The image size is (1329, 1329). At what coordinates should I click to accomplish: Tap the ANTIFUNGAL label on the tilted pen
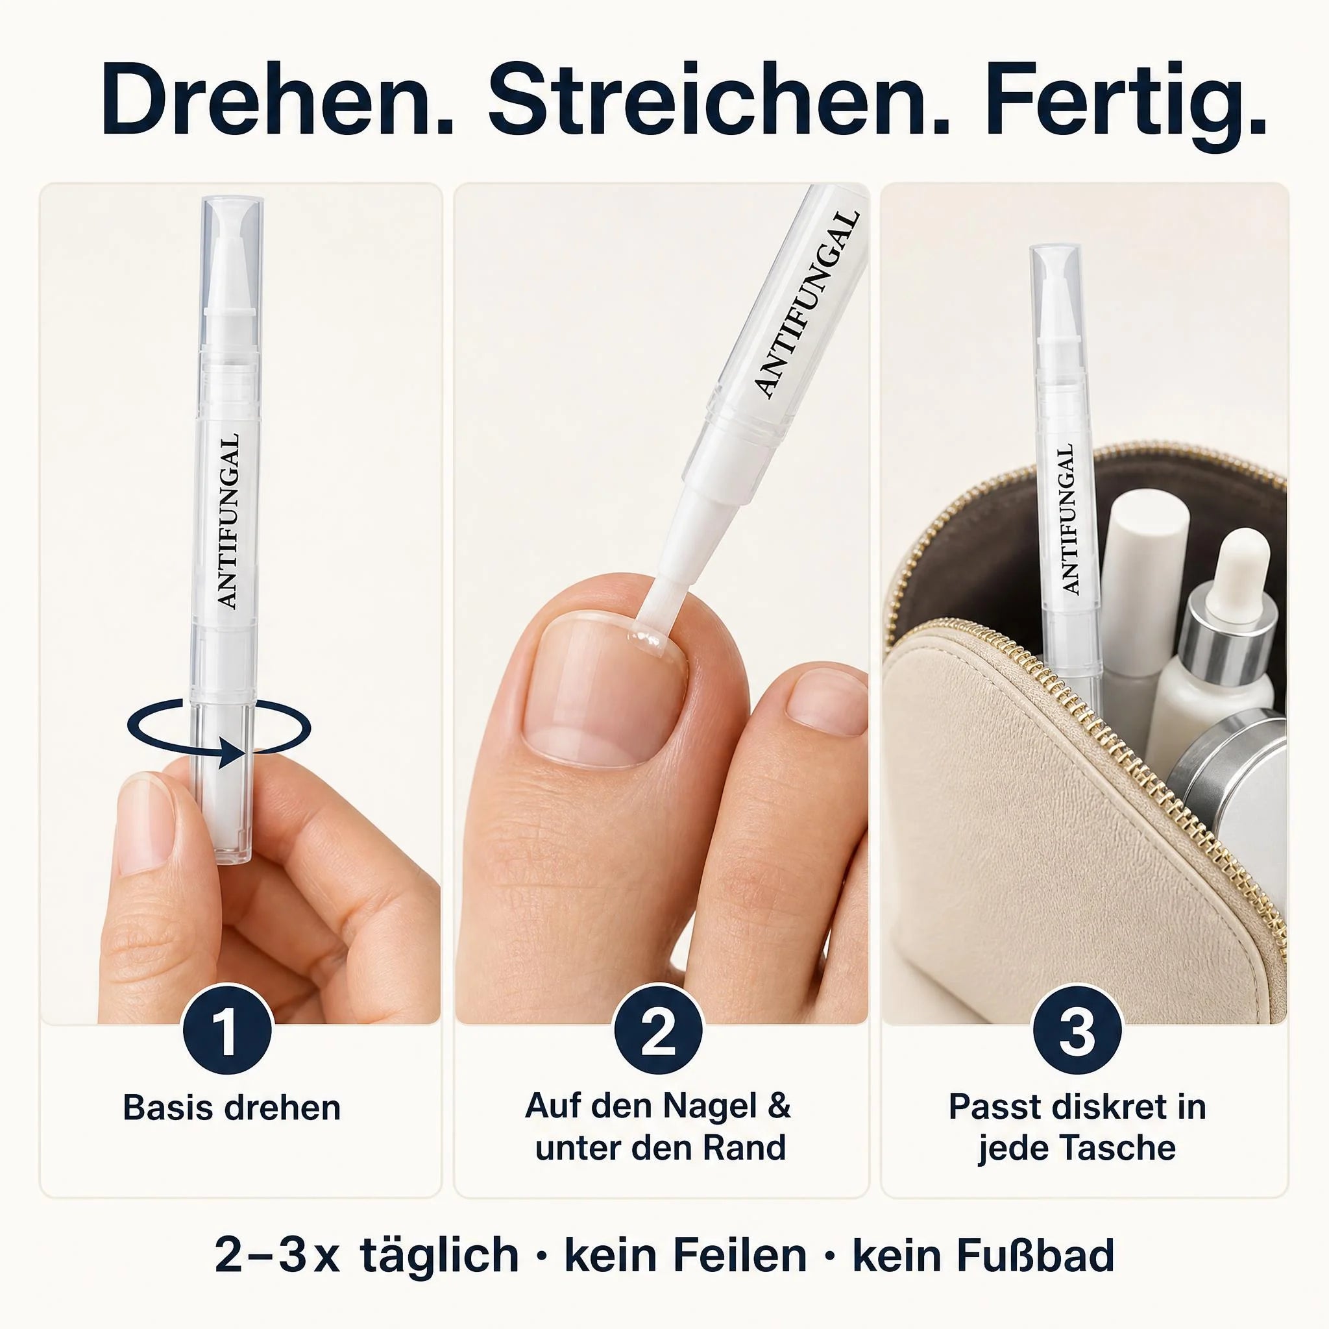tap(807, 304)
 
